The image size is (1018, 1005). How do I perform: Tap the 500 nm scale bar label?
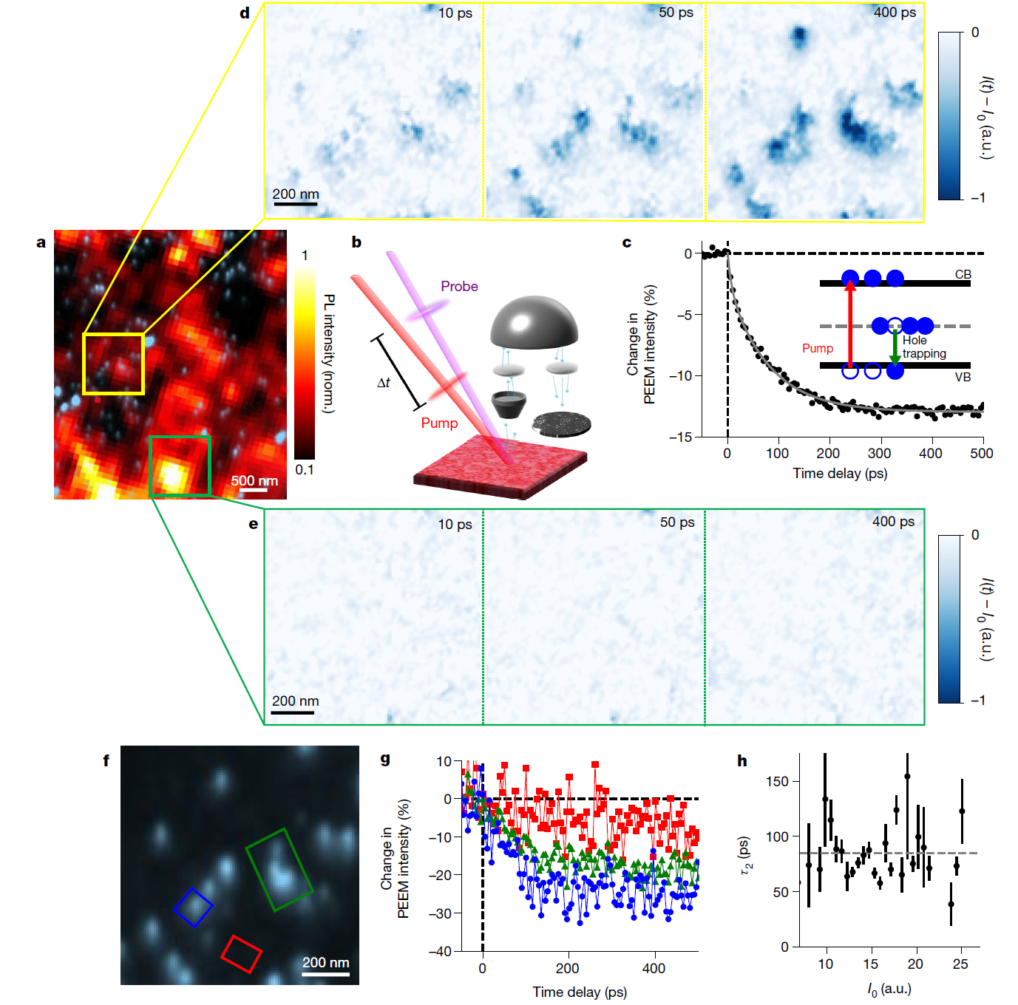254,480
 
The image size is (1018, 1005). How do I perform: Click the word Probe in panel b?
459,286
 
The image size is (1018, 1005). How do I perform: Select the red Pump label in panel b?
439,423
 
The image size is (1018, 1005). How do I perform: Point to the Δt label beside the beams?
384,382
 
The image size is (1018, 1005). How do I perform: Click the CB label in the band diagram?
963,274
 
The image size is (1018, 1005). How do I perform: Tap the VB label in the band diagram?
963,377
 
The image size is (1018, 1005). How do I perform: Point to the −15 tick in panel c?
681,437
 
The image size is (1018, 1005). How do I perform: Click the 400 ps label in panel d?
895,13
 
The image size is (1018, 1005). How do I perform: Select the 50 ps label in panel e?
677,522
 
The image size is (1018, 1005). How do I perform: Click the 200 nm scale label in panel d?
296,194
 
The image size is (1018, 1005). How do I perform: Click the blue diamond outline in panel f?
193,907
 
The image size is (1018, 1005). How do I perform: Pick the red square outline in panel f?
241,954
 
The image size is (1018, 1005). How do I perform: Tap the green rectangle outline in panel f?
279,869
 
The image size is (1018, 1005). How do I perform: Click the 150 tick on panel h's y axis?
779,781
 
